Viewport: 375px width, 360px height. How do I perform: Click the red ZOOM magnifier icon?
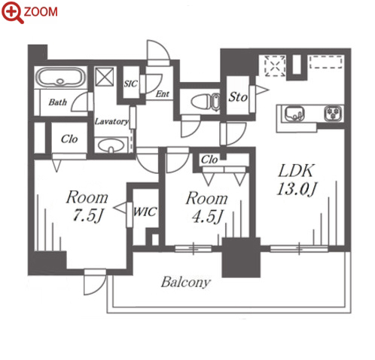tap(13, 12)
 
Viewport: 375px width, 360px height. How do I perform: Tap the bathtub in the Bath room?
tap(59, 77)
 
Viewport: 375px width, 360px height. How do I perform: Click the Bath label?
tap(58, 102)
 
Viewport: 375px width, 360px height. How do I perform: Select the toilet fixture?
tap(206, 102)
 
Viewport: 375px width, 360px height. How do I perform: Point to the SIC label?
tap(130, 84)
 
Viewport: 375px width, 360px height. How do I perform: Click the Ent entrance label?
tap(163, 94)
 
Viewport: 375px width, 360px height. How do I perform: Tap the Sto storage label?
tap(238, 97)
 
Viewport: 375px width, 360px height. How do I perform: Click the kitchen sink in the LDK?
tap(294, 114)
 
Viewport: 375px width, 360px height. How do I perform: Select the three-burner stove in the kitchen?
tap(334, 113)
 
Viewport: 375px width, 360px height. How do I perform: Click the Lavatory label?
tap(111, 121)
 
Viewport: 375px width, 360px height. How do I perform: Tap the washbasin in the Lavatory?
tap(111, 145)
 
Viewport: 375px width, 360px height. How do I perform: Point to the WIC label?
tap(145, 212)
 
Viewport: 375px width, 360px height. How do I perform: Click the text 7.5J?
tap(88, 215)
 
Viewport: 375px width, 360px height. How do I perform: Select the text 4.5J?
tap(207, 216)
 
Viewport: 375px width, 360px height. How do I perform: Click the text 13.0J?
tap(297, 189)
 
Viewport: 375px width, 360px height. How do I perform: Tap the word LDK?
tap(296, 171)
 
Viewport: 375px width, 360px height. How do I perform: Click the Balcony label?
tap(185, 282)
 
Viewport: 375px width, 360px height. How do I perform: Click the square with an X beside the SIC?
tap(104, 76)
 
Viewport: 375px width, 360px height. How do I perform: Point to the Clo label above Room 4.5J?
tap(209, 160)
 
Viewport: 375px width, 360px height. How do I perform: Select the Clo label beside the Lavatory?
tap(69, 139)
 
